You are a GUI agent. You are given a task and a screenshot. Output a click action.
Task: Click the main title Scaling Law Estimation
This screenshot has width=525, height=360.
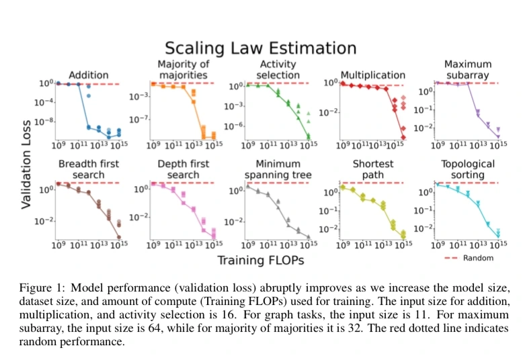click(261, 48)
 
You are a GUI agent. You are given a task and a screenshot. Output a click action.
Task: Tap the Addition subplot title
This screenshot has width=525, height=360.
click(88, 75)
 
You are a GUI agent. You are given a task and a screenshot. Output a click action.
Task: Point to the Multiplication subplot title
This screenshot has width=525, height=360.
click(372, 75)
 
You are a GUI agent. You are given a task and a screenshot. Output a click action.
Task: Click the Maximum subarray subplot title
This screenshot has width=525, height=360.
click(468, 69)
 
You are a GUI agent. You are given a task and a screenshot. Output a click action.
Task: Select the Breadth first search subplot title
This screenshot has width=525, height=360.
click(87, 169)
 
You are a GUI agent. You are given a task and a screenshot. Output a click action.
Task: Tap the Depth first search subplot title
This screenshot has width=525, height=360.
click(182, 169)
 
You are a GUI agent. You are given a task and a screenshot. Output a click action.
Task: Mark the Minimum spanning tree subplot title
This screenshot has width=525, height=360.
click(278, 169)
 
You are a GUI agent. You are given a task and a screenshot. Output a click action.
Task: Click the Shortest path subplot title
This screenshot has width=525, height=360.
click(372, 169)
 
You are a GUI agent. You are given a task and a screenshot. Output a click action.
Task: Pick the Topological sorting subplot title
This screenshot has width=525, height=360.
click(468, 169)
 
